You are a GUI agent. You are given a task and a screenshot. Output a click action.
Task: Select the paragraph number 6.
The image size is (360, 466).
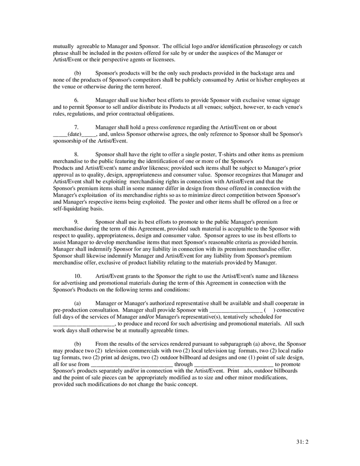(76, 100)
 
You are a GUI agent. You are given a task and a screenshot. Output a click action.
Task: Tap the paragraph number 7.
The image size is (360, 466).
(76, 127)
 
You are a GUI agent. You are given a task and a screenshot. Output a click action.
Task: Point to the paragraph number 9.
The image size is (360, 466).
(76, 222)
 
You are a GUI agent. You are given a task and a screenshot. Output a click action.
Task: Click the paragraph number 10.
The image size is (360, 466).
(78, 276)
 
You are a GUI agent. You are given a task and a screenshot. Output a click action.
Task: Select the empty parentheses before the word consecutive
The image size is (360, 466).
(269, 310)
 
